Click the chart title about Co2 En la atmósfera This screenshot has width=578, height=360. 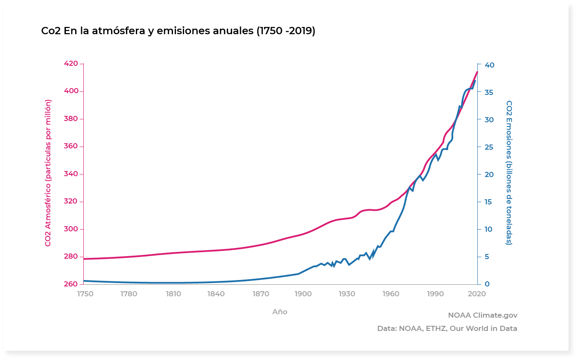[178, 31]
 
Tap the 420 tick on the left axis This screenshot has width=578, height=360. [71, 64]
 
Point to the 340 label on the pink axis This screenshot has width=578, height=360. [71, 174]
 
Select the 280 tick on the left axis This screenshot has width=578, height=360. [71, 257]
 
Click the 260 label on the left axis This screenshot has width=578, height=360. [71, 284]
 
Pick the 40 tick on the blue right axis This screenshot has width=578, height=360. [489, 65]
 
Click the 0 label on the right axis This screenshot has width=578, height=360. [486, 284]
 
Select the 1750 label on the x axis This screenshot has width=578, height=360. [85, 294]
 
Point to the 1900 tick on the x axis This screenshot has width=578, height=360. [302, 294]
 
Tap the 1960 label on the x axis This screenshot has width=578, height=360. [391, 294]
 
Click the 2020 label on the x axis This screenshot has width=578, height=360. [477, 294]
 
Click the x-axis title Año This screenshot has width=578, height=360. [280, 312]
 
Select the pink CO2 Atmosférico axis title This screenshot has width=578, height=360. [48, 173]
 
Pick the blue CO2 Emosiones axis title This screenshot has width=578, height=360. [509, 173]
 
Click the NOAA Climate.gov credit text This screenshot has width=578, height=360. [482, 315]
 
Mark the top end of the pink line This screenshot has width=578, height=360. [477, 72]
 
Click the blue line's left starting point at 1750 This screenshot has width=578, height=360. [84, 281]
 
